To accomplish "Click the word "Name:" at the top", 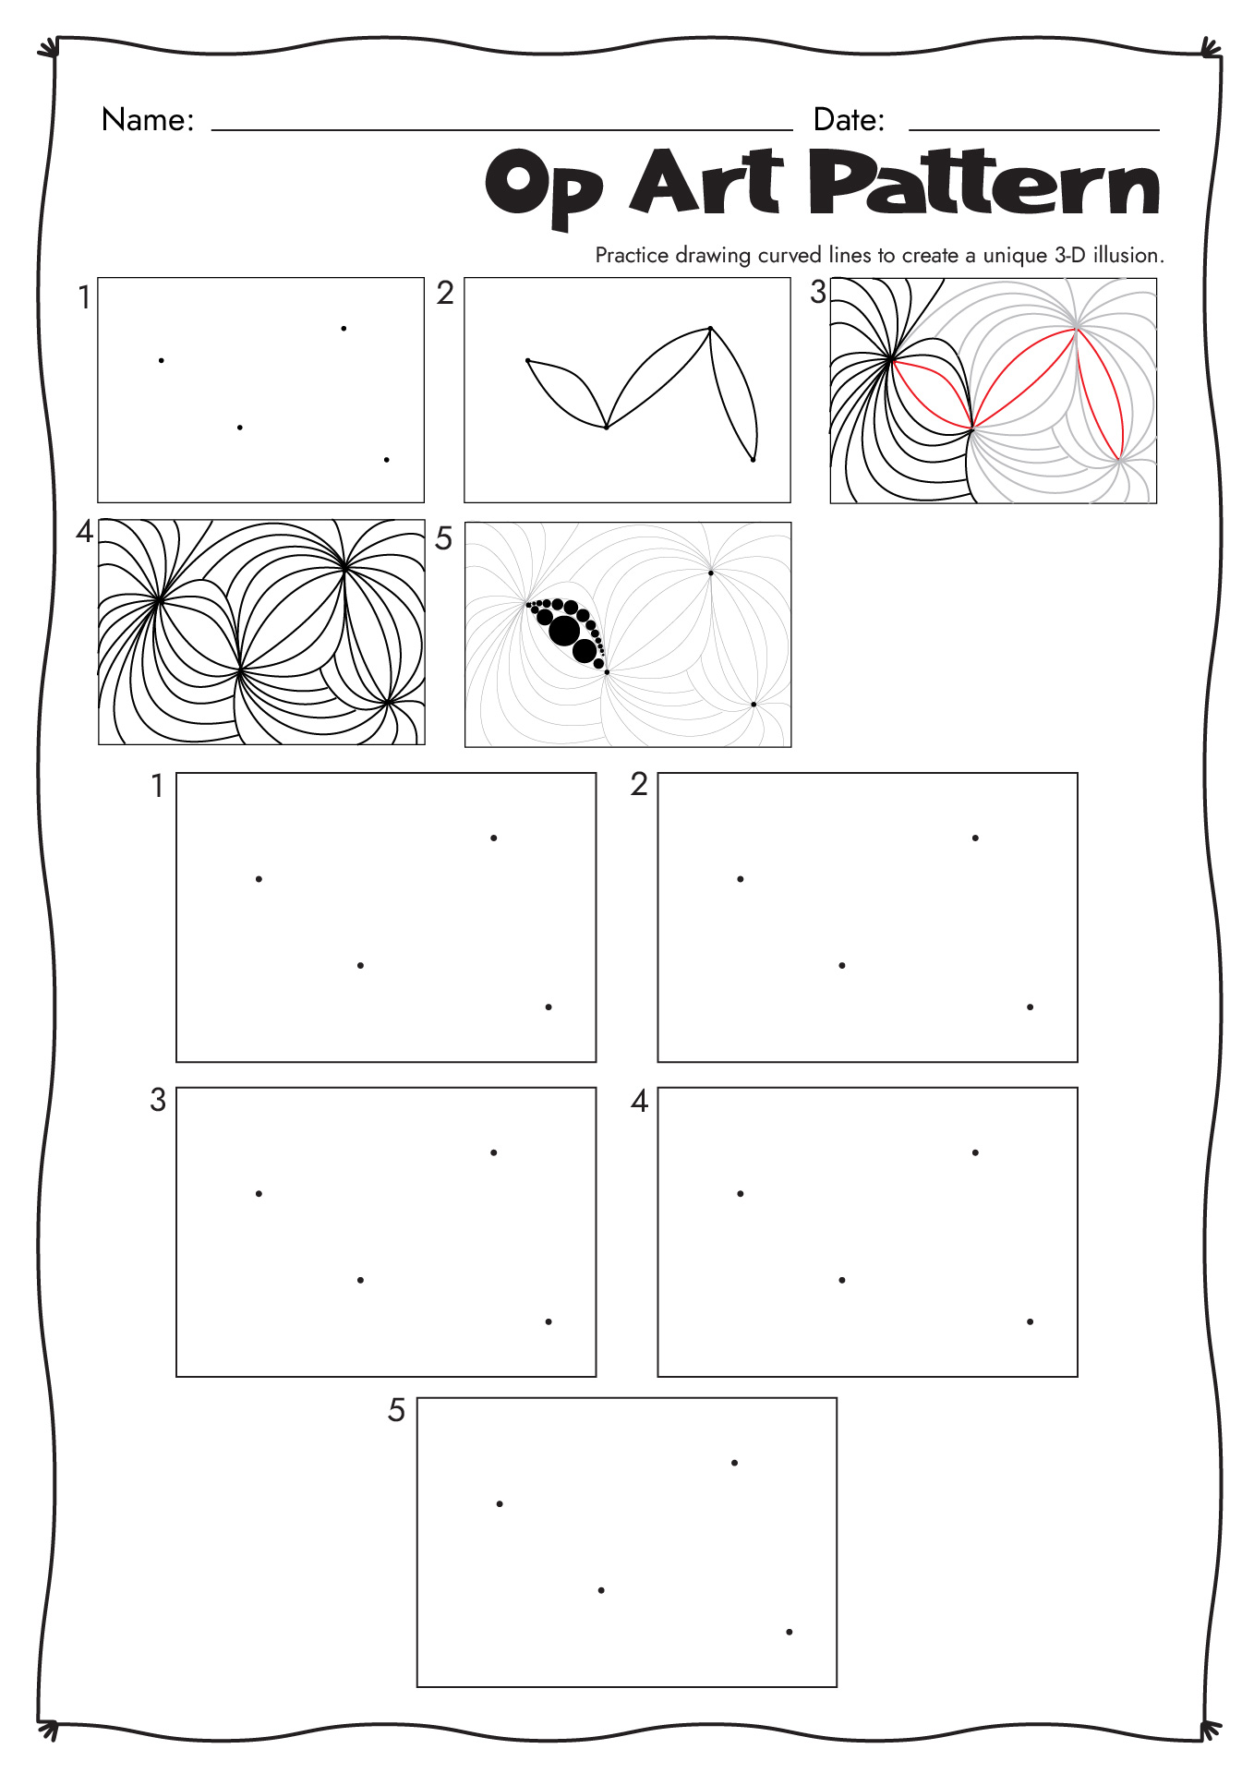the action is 148,120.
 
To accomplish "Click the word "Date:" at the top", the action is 849,120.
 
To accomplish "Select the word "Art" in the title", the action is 707,182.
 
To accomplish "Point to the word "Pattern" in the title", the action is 984,182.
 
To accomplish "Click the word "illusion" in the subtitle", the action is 1126,255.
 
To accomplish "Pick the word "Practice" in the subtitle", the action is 632,255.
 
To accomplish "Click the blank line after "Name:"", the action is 502,130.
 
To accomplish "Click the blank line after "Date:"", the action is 1034,130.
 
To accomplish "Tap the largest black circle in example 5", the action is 564,631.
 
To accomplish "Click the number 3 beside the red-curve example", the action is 818,293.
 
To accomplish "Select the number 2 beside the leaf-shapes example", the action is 445,293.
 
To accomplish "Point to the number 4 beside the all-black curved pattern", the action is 85,532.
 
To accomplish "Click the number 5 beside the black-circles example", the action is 443,538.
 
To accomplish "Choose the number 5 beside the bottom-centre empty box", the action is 396,1410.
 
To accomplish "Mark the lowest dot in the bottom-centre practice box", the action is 790,1632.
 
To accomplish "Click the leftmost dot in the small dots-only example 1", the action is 162,360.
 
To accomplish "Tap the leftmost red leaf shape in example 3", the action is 932,394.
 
